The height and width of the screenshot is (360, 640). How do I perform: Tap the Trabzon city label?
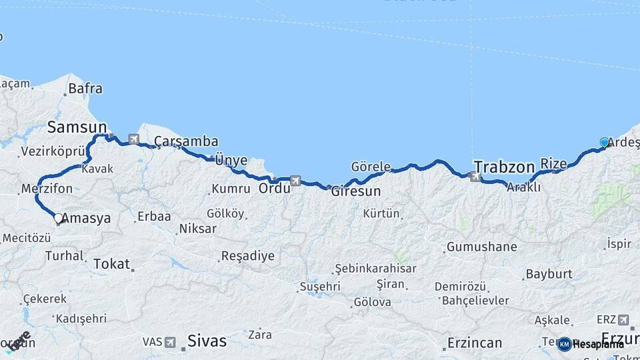[x=505, y=167]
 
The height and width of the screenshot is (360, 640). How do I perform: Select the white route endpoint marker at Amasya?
[x=58, y=218]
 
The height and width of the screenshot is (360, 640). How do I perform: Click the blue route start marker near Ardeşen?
[x=604, y=142]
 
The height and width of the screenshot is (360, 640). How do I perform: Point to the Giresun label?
[x=356, y=191]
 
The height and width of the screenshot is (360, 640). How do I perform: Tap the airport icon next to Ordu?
[x=295, y=180]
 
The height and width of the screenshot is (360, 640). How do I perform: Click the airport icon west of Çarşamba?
[x=134, y=139]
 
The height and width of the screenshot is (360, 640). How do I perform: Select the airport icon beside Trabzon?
[x=475, y=177]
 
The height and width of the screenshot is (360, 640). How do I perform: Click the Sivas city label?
[x=207, y=341]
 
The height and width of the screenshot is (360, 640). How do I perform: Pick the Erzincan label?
[x=474, y=343]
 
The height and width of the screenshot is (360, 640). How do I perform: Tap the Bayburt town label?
[x=549, y=274]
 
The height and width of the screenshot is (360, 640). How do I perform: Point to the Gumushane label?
[x=481, y=247]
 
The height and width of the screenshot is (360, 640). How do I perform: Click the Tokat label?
[x=112, y=264]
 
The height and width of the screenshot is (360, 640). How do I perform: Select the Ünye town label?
[x=231, y=160]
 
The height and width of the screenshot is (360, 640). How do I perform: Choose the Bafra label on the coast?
[x=85, y=88]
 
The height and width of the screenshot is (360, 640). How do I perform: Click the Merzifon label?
[x=47, y=189]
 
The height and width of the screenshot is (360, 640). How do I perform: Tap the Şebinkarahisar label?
[x=375, y=268]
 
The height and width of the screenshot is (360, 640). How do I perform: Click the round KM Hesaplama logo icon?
[x=564, y=344]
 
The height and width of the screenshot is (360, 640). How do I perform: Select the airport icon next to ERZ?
[x=623, y=320]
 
